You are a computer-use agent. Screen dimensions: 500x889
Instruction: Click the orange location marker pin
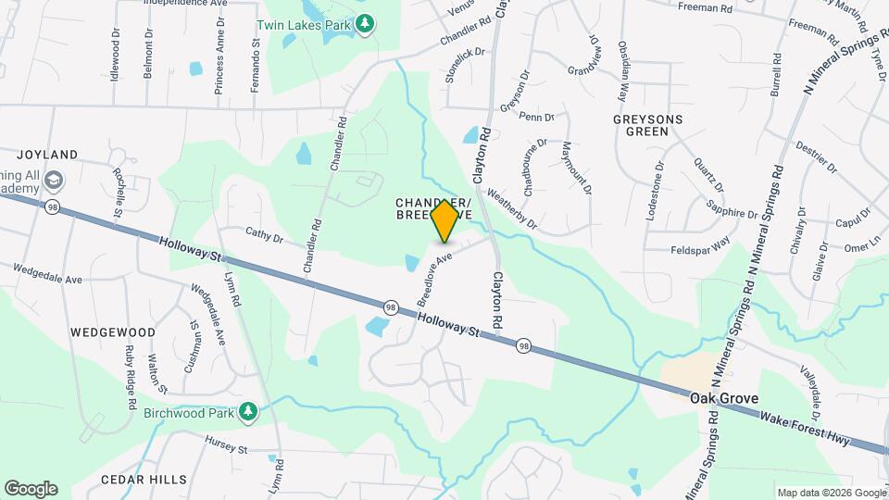[x=444, y=220]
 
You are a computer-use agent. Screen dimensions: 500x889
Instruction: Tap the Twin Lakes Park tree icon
[x=366, y=22]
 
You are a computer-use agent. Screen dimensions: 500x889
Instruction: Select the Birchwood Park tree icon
[x=247, y=411]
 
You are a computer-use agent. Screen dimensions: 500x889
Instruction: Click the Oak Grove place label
[x=724, y=398]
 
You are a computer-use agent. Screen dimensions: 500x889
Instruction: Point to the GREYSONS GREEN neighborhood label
[x=648, y=126]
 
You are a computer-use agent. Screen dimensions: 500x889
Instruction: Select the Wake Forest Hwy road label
[x=805, y=430]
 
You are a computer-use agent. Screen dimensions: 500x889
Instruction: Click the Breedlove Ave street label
[x=433, y=275]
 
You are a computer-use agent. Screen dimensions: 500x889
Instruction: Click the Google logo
[x=31, y=488]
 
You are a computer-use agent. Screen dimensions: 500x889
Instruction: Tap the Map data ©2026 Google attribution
[x=832, y=493]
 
